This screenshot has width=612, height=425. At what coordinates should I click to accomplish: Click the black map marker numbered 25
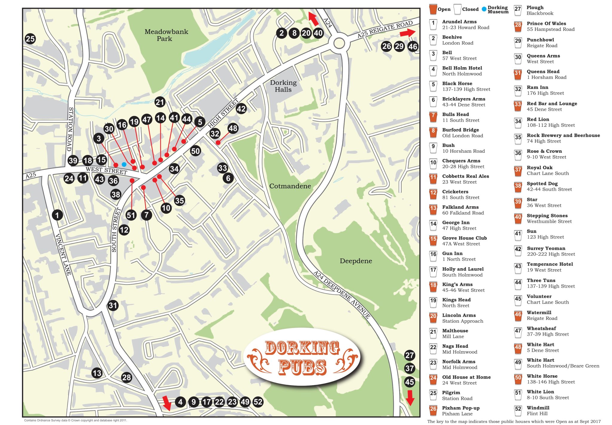click(30, 39)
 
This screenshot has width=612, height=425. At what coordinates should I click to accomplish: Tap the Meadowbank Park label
click(166, 35)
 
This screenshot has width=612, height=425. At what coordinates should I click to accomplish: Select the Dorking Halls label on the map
click(283, 86)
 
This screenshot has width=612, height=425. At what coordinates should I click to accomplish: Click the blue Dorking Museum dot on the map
click(124, 164)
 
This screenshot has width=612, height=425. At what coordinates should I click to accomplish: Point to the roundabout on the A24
click(339, 43)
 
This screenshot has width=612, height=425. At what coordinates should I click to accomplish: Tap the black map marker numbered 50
click(195, 151)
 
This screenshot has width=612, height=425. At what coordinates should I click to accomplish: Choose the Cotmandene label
click(290, 186)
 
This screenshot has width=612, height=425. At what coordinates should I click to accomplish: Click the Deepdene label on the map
click(356, 261)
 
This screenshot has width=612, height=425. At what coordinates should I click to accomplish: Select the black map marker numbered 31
click(113, 305)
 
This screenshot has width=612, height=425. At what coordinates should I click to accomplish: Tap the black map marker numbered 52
click(258, 402)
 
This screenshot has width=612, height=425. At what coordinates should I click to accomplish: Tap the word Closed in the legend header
click(470, 9)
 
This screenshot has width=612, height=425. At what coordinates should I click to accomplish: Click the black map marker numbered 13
click(97, 373)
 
